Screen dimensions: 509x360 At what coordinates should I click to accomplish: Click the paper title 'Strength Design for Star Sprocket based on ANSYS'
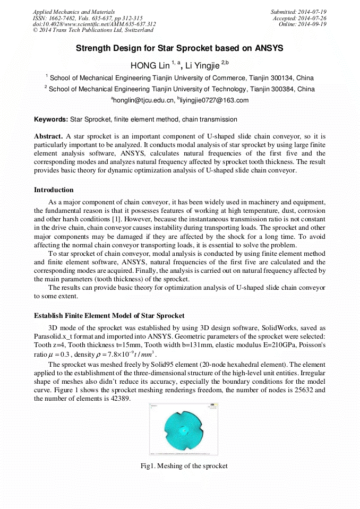coord(179,48)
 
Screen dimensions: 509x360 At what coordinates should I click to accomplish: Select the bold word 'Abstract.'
coord(48,136)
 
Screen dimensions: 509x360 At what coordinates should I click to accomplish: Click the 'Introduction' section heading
coord(54,190)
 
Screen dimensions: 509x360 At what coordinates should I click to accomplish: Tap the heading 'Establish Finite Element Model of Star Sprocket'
coord(109,316)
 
